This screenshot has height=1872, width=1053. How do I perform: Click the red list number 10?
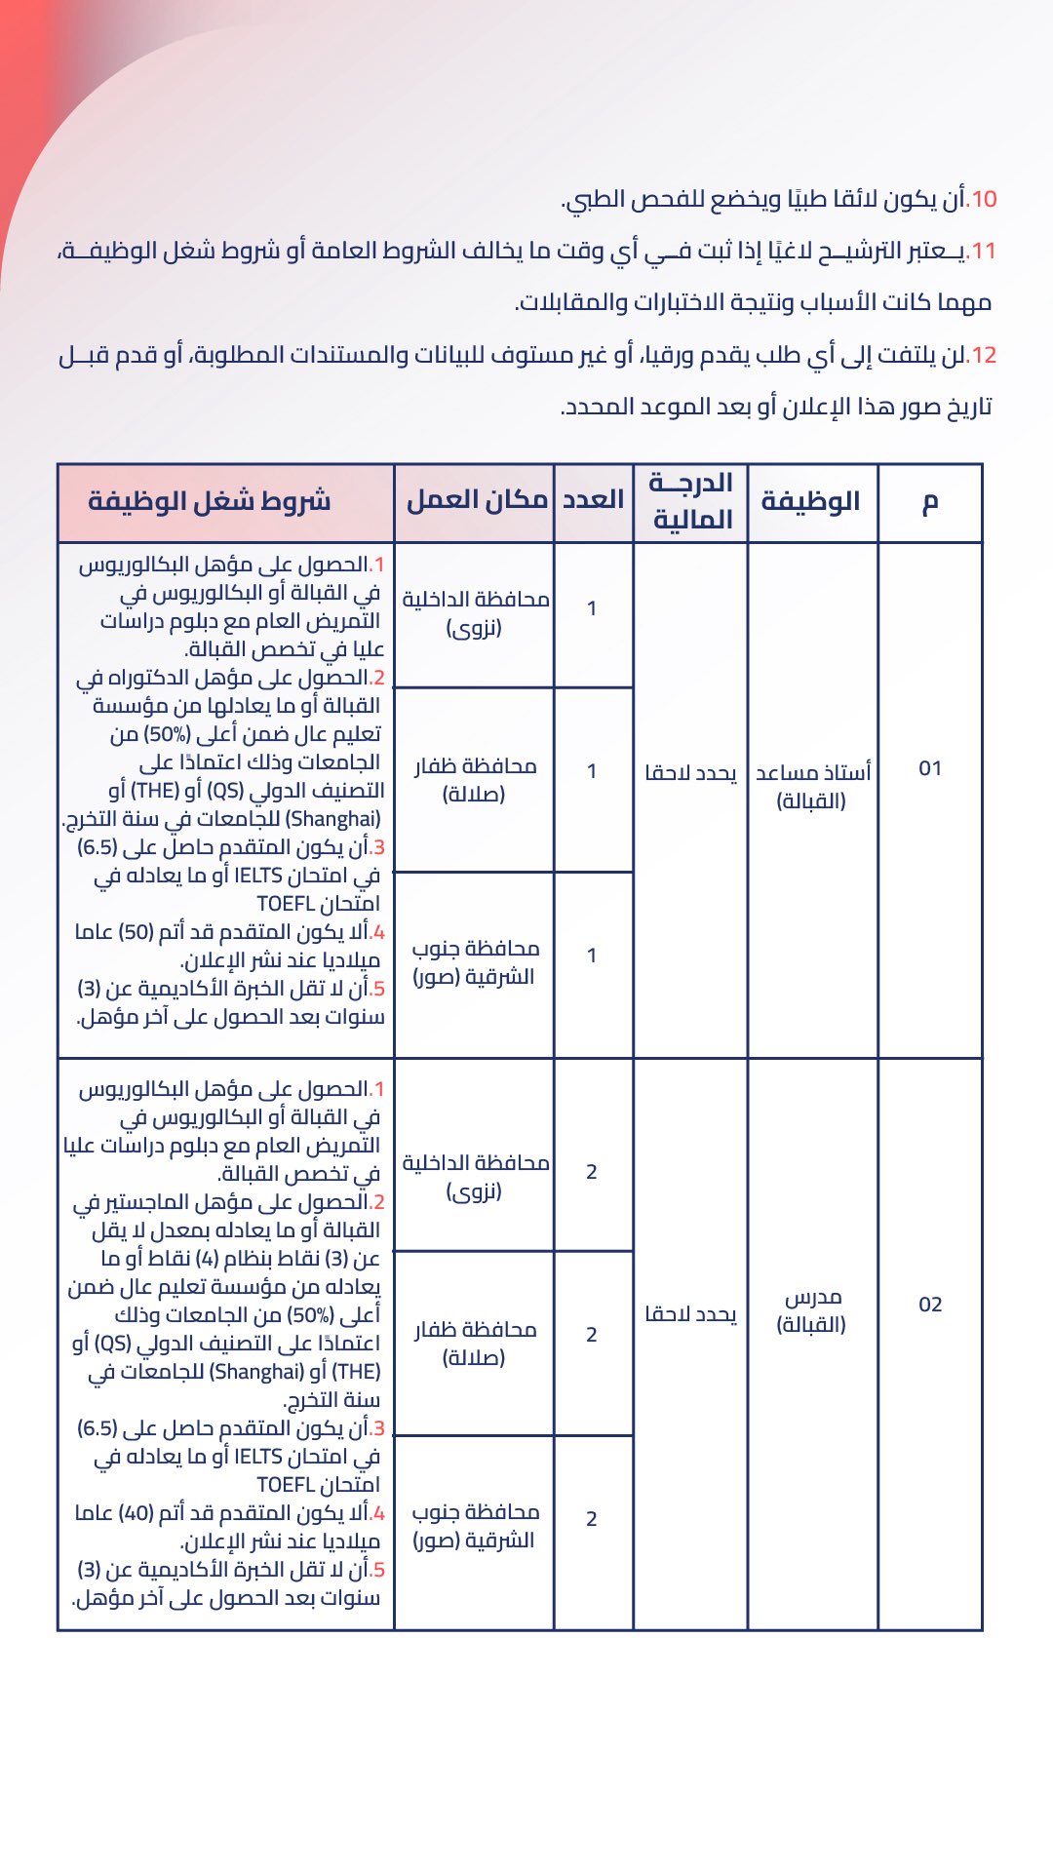[983, 200]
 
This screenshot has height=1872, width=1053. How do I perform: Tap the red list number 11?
[983, 252]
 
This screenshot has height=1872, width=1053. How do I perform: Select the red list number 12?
[983, 355]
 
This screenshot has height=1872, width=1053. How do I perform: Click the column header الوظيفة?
[810, 502]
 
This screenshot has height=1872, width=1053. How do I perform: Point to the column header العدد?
[593, 500]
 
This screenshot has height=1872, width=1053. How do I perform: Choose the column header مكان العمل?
[477, 500]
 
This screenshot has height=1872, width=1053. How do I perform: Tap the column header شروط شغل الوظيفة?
[210, 502]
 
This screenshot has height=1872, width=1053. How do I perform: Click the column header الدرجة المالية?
[691, 501]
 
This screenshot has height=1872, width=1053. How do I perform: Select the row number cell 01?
[930, 769]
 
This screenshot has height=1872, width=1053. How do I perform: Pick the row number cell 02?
[930, 1305]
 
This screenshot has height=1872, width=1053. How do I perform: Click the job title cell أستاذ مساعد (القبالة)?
[812, 787]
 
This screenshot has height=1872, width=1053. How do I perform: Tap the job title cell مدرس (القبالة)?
[812, 1311]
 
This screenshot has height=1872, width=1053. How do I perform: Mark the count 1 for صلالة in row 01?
[592, 772]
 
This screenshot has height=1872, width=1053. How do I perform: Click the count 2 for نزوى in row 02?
[592, 1172]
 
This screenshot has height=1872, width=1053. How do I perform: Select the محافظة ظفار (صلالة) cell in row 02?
[475, 1344]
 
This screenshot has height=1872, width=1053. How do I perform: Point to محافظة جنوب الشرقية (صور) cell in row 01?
[475, 962]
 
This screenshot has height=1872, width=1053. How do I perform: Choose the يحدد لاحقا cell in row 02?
[690, 1314]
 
